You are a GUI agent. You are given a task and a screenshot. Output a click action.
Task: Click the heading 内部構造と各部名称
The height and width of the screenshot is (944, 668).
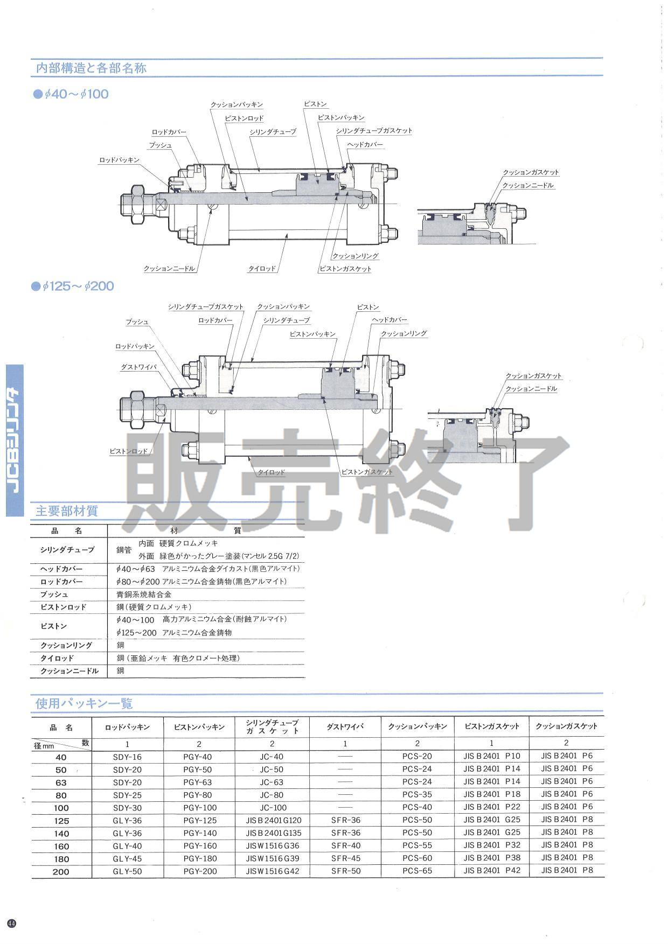pyautogui.click(x=91, y=68)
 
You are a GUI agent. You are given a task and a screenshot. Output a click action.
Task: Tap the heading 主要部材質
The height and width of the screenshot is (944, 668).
pyautogui.click(x=67, y=511)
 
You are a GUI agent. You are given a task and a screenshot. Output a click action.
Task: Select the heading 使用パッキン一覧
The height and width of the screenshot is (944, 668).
pyautogui.click(x=84, y=703)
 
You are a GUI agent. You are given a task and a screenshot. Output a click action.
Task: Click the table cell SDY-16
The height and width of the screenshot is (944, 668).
pyautogui.click(x=127, y=757)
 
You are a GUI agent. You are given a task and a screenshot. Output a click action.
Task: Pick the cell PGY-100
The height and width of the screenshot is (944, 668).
pyautogui.click(x=200, y=807)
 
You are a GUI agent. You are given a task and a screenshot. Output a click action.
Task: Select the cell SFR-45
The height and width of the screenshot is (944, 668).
pyautogui.click(x=345, y=858)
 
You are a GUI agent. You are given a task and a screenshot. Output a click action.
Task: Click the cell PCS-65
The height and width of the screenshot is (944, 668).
pyautogui.click(x=417, y=871)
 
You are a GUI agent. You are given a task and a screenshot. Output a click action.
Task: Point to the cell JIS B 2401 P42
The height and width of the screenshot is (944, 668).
pyautogui.click(x=492, y=870)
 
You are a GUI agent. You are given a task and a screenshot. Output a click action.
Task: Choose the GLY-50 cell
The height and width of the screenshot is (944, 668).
pyautogui.click(x=127, y=871)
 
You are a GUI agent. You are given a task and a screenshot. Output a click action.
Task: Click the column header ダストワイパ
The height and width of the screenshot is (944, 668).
pyautogui.click(x=345, y=726)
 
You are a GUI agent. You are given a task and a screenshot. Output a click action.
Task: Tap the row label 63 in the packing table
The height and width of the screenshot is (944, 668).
pyautogui.click(x=61, y=782)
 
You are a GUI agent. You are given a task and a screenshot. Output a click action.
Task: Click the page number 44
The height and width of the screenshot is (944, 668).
pyautogui.click(x=12, y=923)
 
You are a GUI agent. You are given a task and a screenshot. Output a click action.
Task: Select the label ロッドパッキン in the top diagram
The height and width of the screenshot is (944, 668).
pyautogui.click(x=119, y=160)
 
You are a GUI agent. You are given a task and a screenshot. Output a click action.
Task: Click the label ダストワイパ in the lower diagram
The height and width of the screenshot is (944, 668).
pyautogui.click(x=138, y=367)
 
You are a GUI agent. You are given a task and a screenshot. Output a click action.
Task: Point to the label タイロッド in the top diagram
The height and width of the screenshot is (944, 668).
pyautogui.click(x=262, y=268)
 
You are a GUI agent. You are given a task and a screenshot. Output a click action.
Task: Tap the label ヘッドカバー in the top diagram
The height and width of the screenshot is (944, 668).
pyautogui.click(x=365, y=145)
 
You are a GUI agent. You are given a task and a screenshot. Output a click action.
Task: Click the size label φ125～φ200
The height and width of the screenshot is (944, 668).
pyautogui.click(x=78, y=286)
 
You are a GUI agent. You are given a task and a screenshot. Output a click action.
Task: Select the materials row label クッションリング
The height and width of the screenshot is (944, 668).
pyautogui.click(x=66, y=645)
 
